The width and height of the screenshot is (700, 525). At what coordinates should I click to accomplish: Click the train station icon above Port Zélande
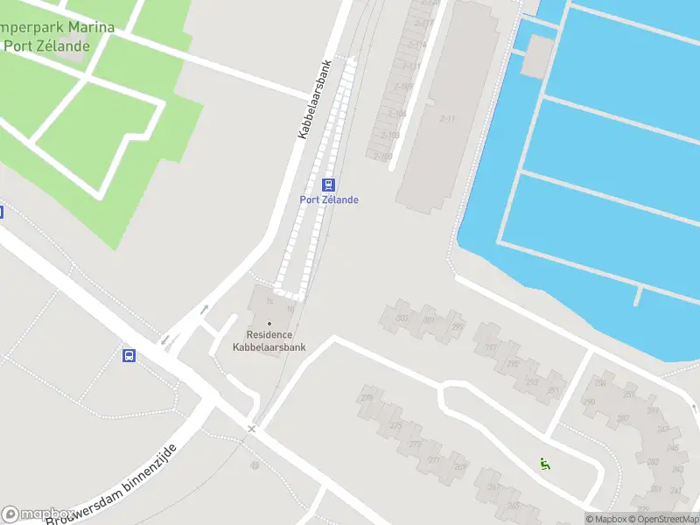pyautogui.click(x=329, y=185)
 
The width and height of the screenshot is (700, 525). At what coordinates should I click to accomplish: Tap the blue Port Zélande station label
pyautogui.click(x=329, y=199)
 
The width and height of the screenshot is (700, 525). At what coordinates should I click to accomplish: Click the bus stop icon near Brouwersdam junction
pyautogui.click(x=129, y=355)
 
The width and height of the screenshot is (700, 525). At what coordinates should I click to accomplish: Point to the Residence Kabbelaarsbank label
pyautogui.click(x=269, y=340)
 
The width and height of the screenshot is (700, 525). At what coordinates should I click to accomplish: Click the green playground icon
pyautogui.click(x=544, y=464)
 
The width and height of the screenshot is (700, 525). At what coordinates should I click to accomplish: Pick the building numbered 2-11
pyautogui.click(x=448, y=119)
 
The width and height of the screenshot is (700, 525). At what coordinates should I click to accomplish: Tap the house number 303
pyautogui.click(x=402, y=318)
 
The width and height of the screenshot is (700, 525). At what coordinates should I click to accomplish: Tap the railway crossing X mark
pyautogui.click(x=252, y=429)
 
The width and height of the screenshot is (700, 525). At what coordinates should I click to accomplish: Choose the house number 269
pyautogui.click(x=460, y=466)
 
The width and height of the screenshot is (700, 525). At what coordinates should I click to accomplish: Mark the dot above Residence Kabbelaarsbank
pyautogui.click(x=269, y=324)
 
